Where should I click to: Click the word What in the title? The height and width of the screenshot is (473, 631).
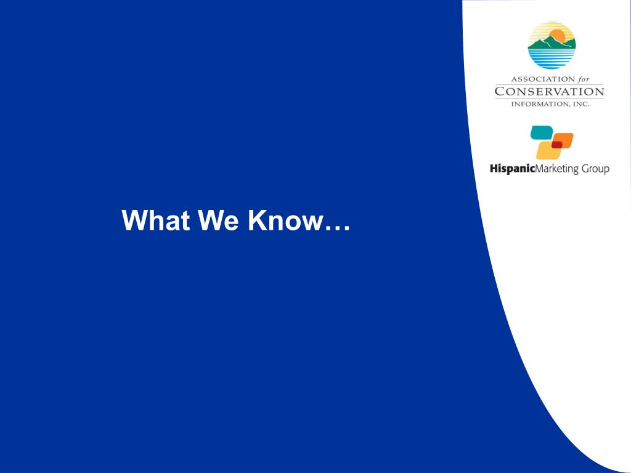coord(156,220)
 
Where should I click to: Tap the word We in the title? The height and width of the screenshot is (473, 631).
coord(218,220)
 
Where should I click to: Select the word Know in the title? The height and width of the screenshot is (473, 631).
coord(286,220)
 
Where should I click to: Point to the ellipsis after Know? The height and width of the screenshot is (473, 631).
coord(338,228)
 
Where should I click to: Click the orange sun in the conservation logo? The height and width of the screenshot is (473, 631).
coord(558,36)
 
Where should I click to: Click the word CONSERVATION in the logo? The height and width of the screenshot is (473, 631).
coord(549,92)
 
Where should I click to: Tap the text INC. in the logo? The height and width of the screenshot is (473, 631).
coord(580,104)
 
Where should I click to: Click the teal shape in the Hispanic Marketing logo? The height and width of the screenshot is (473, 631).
coord(542,132)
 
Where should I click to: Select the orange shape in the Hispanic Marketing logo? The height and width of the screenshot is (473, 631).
coord(563,140)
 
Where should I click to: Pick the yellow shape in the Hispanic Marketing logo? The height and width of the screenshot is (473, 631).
coord(548,150)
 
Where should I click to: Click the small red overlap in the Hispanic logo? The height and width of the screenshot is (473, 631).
coord(557,144)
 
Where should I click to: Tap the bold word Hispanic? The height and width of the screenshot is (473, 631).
coord(512,168)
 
